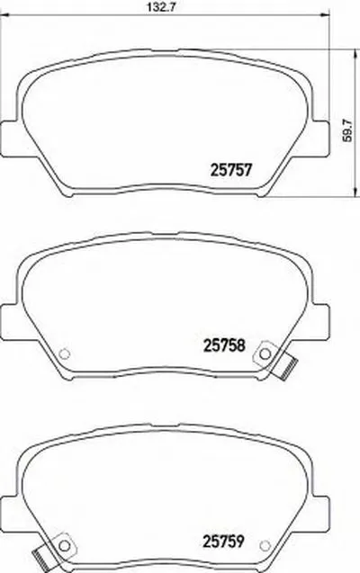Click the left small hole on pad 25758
(x=63, y=352)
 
